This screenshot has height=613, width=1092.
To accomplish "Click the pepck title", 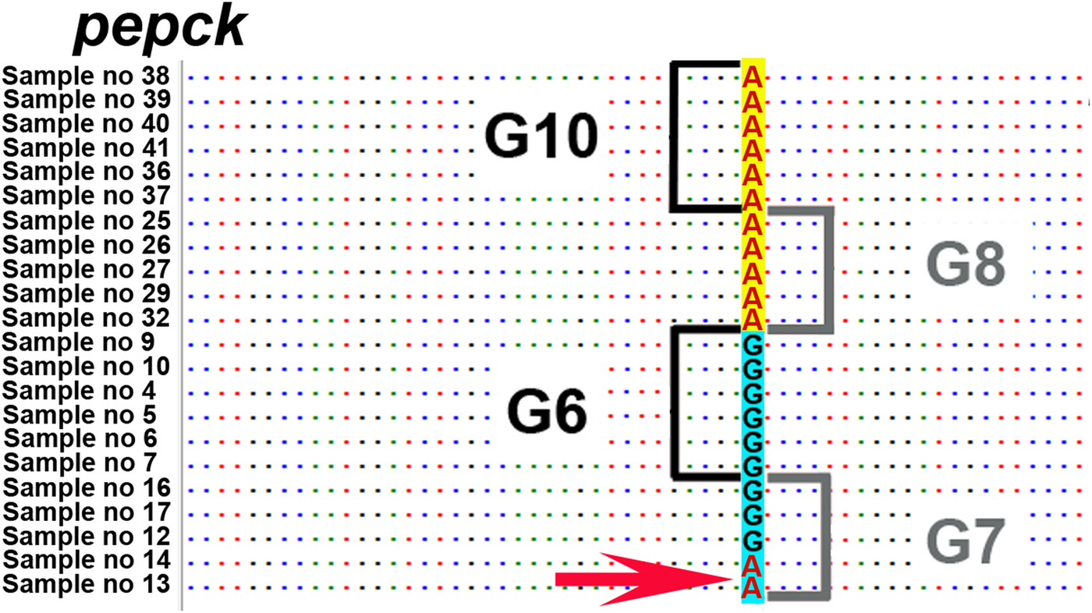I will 160,29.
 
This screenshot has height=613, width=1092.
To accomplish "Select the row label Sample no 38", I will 87,76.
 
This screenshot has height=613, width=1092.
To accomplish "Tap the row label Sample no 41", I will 87,148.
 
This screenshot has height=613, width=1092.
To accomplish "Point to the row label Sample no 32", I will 87,318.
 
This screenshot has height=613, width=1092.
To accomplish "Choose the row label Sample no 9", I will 78,342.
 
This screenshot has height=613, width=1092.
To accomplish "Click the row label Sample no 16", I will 87,488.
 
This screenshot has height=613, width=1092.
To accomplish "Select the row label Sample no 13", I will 87,584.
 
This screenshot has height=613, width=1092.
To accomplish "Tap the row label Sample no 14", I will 87,560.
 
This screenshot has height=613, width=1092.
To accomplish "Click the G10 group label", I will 541,138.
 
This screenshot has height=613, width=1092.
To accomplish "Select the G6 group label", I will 546,413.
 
